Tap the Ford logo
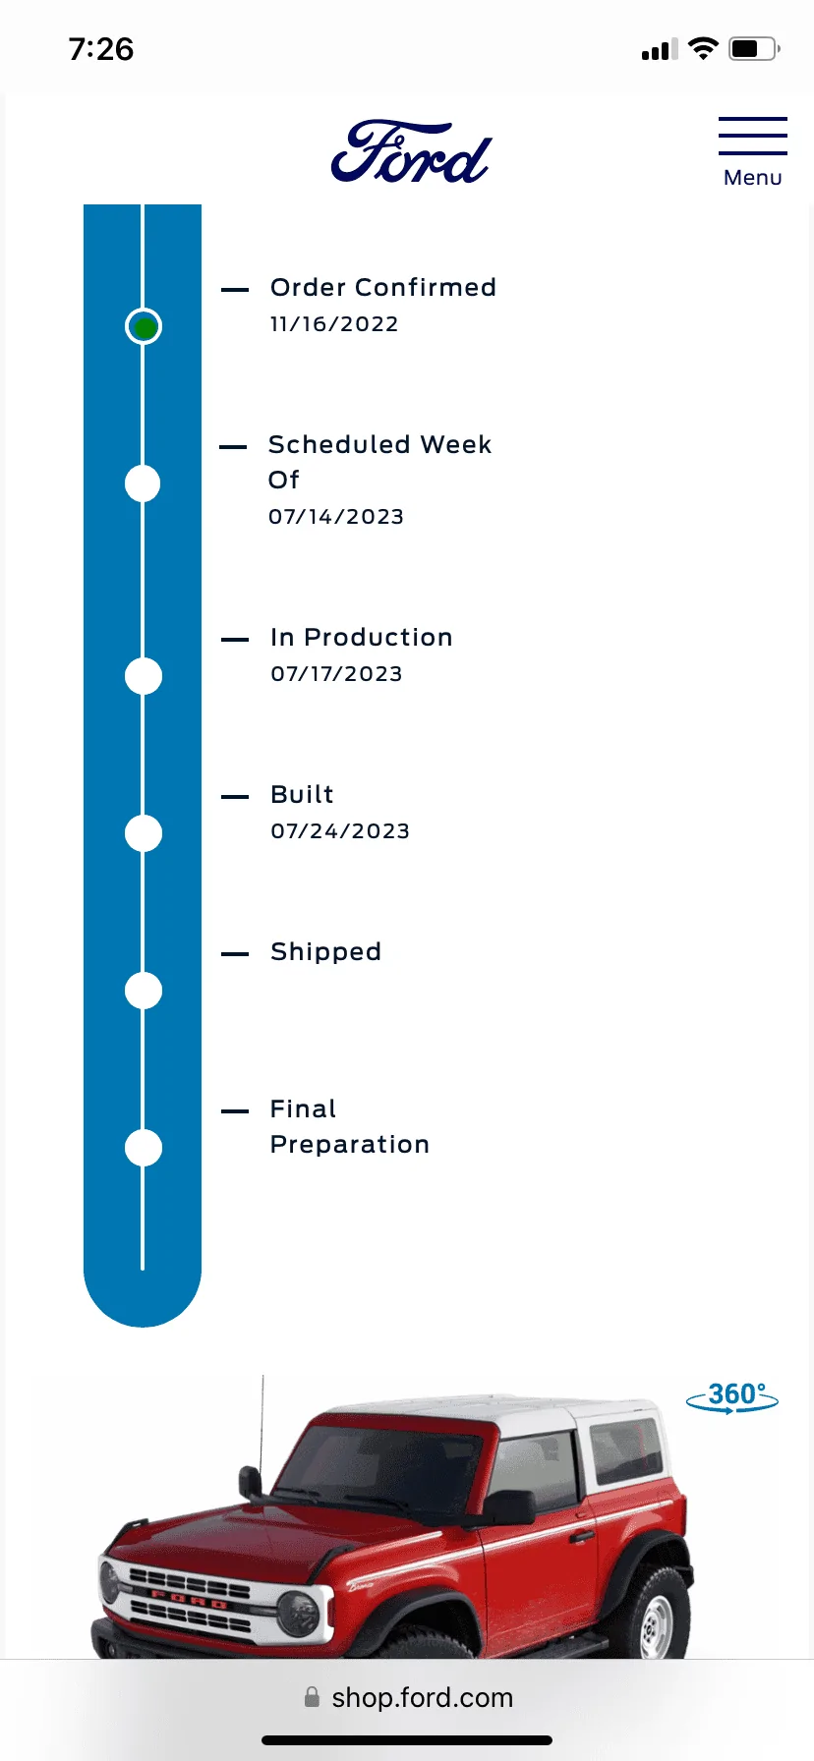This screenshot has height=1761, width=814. [x=411, y=152]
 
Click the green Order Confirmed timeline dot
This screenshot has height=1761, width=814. [x=144, y=326]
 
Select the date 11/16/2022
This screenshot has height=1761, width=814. [x=334, y=324]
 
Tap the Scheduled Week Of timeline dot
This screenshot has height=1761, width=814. [x=144, y=483]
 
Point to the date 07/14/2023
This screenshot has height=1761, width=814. [x=336, y=517]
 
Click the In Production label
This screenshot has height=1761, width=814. [x=362, y=637]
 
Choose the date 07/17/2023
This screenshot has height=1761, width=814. [x=336, y=674]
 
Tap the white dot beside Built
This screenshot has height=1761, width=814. [x=144, y=833]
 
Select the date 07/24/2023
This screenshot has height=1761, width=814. [x=340, y=831]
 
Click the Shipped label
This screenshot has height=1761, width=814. [x=325, y=951]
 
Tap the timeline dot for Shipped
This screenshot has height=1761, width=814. [x=144, y=991]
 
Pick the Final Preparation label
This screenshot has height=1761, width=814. [x=350, y=1126]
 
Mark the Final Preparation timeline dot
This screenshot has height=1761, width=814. [x=144, y=1148]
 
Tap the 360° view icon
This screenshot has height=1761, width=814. [x=732, y=1396]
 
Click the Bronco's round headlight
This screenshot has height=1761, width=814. [x=297, y=1612]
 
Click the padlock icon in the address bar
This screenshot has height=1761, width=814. [x=312, y=1697]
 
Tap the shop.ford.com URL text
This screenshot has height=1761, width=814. [x=423, y=1697]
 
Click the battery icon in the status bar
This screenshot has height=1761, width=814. [x=754, y=48]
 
